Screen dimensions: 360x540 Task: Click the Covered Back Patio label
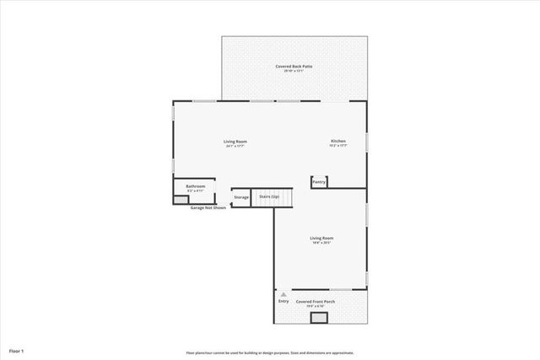[x=294, y=66]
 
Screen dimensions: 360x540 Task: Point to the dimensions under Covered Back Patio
[x=294, y=71]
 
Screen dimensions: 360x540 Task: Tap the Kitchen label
[x=337, y=141]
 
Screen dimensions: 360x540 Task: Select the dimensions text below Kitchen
[x=337, y=146]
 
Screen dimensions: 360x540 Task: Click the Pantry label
[x=319, y=181]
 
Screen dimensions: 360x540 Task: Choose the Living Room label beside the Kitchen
[x=235, y=141]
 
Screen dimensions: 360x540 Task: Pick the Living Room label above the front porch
[x=321, y=239]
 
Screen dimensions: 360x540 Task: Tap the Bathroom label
[x=195, y=185]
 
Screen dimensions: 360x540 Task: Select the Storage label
[x=241, y=197]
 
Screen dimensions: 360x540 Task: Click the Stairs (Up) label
[x=269, y=196]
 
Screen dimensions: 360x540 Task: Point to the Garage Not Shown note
[x=208, y=207]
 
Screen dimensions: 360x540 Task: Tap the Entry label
[x=283, y=301]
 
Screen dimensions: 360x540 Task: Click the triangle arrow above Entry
[x=283, y=294]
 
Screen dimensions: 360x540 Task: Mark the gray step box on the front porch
[x=319, y=317]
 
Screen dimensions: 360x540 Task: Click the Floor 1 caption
[x=17, y=349]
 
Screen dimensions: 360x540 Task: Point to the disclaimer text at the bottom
[x=269, y=352]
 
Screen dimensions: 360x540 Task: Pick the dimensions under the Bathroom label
[x=195, y=191]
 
